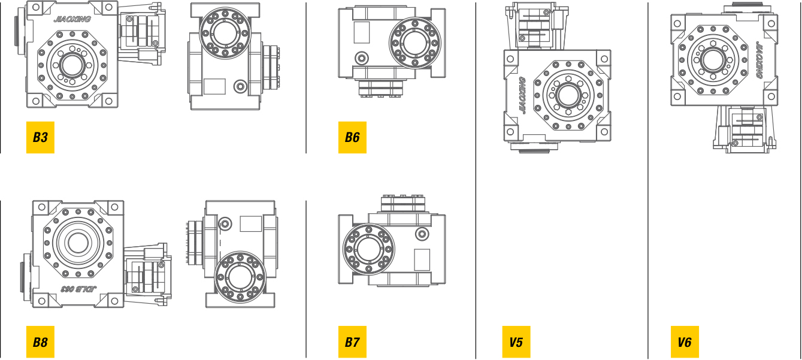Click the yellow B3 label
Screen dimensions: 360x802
click(x=40, y=138)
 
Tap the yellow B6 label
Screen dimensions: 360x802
click(x=352, y=138)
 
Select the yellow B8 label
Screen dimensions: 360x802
click(x=40, y=343)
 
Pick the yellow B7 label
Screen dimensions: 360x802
click(x=352, y=343)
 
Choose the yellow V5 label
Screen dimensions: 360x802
click(x=516, y=343)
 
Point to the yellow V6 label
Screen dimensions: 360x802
click(x=685, y=343)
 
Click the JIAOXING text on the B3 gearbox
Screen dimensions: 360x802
click(x=72, y=19)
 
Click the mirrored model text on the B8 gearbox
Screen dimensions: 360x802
click(x=75, y=289)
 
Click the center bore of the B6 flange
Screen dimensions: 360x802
click(x=414, y=43)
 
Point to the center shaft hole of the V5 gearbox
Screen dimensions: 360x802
click(x=566, y=95)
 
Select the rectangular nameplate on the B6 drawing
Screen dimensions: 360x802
click(x=362, y=32)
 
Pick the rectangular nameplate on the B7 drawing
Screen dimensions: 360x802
click(x=422, y=259)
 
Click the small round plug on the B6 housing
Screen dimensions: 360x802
click(x=362, y=58)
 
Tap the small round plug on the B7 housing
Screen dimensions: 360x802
click(x=422, y=233)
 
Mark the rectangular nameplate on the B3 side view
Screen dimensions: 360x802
click(x=214, y=86)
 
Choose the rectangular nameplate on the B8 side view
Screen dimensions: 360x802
click(x=250, y=223)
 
